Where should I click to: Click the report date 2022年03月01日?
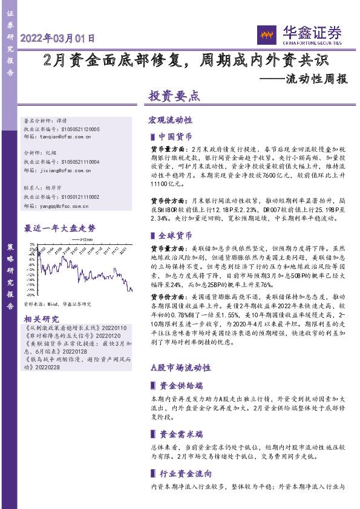(58, 37)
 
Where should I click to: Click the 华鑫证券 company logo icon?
(267, 34)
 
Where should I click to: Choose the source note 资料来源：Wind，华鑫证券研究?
(57, 304)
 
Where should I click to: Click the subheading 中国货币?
(175, 137)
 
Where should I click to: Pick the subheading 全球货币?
(175, 235)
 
